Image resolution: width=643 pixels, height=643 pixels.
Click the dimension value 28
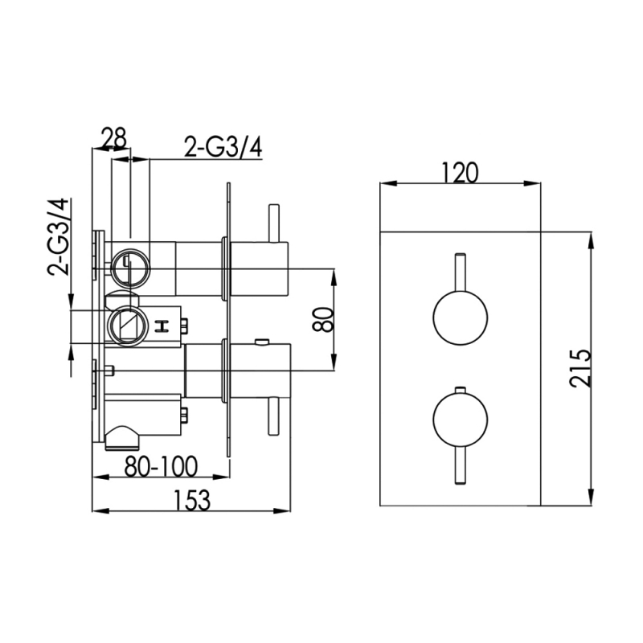click(x=113, y=138)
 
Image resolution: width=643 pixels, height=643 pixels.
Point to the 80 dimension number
click(x=323, y=318)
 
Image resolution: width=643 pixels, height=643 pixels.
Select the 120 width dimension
click(x=460, y=173)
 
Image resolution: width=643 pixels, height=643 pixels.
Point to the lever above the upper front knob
click(x=461, y=273)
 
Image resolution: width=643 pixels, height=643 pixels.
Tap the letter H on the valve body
click(x=162, y=326)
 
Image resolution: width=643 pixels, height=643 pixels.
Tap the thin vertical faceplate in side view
click(x=229, y=321)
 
